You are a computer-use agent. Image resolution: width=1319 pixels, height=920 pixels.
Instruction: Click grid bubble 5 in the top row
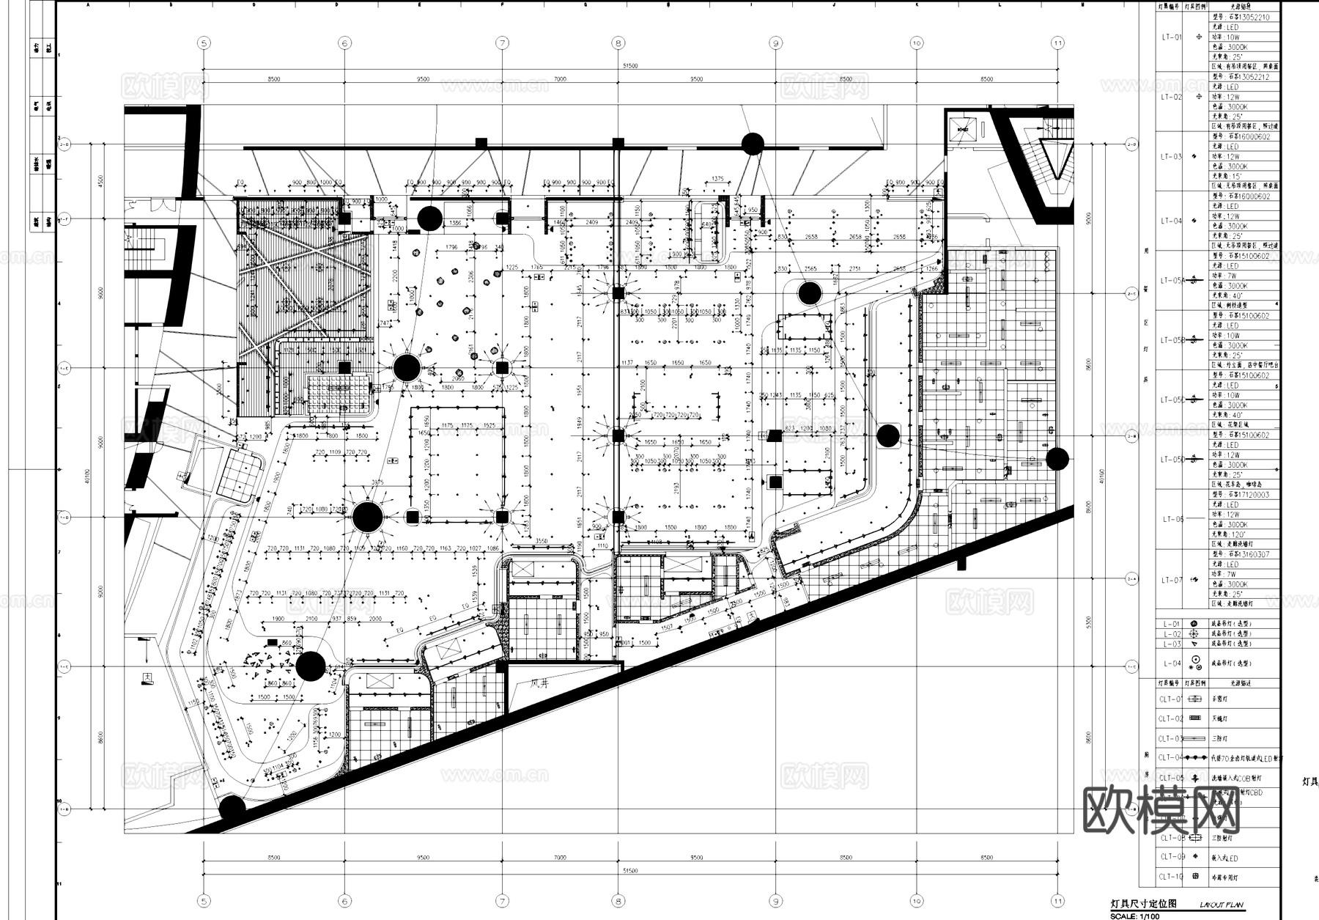click(x=204, y=43)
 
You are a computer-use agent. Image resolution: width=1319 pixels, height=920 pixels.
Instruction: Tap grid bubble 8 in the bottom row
click(x=618, y=902)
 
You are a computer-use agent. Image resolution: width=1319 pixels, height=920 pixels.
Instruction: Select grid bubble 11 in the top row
click(x=1057, y=43)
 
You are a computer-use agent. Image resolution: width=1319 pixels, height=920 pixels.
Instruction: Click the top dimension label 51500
click(x=629, y=66)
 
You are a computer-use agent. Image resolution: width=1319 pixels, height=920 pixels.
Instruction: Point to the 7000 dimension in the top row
click(x=560, y=79)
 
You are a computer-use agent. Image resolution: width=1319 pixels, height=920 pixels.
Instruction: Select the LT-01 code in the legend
click(x=1171, y=37)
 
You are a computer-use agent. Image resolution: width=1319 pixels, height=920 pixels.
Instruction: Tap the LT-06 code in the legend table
click(x=1172, y=519)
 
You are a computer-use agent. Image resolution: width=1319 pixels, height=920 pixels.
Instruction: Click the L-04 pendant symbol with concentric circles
click(x=1195, y=663)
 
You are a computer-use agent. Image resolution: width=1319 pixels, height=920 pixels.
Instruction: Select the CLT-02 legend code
click(x=1171, y=718)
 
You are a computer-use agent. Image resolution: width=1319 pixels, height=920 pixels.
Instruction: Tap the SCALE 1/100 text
click(x=1135, y=916)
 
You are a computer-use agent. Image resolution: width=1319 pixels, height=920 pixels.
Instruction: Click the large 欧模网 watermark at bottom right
click(x=1161, y=810)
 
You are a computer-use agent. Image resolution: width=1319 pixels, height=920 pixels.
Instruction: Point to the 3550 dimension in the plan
click(x=541, y=541)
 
